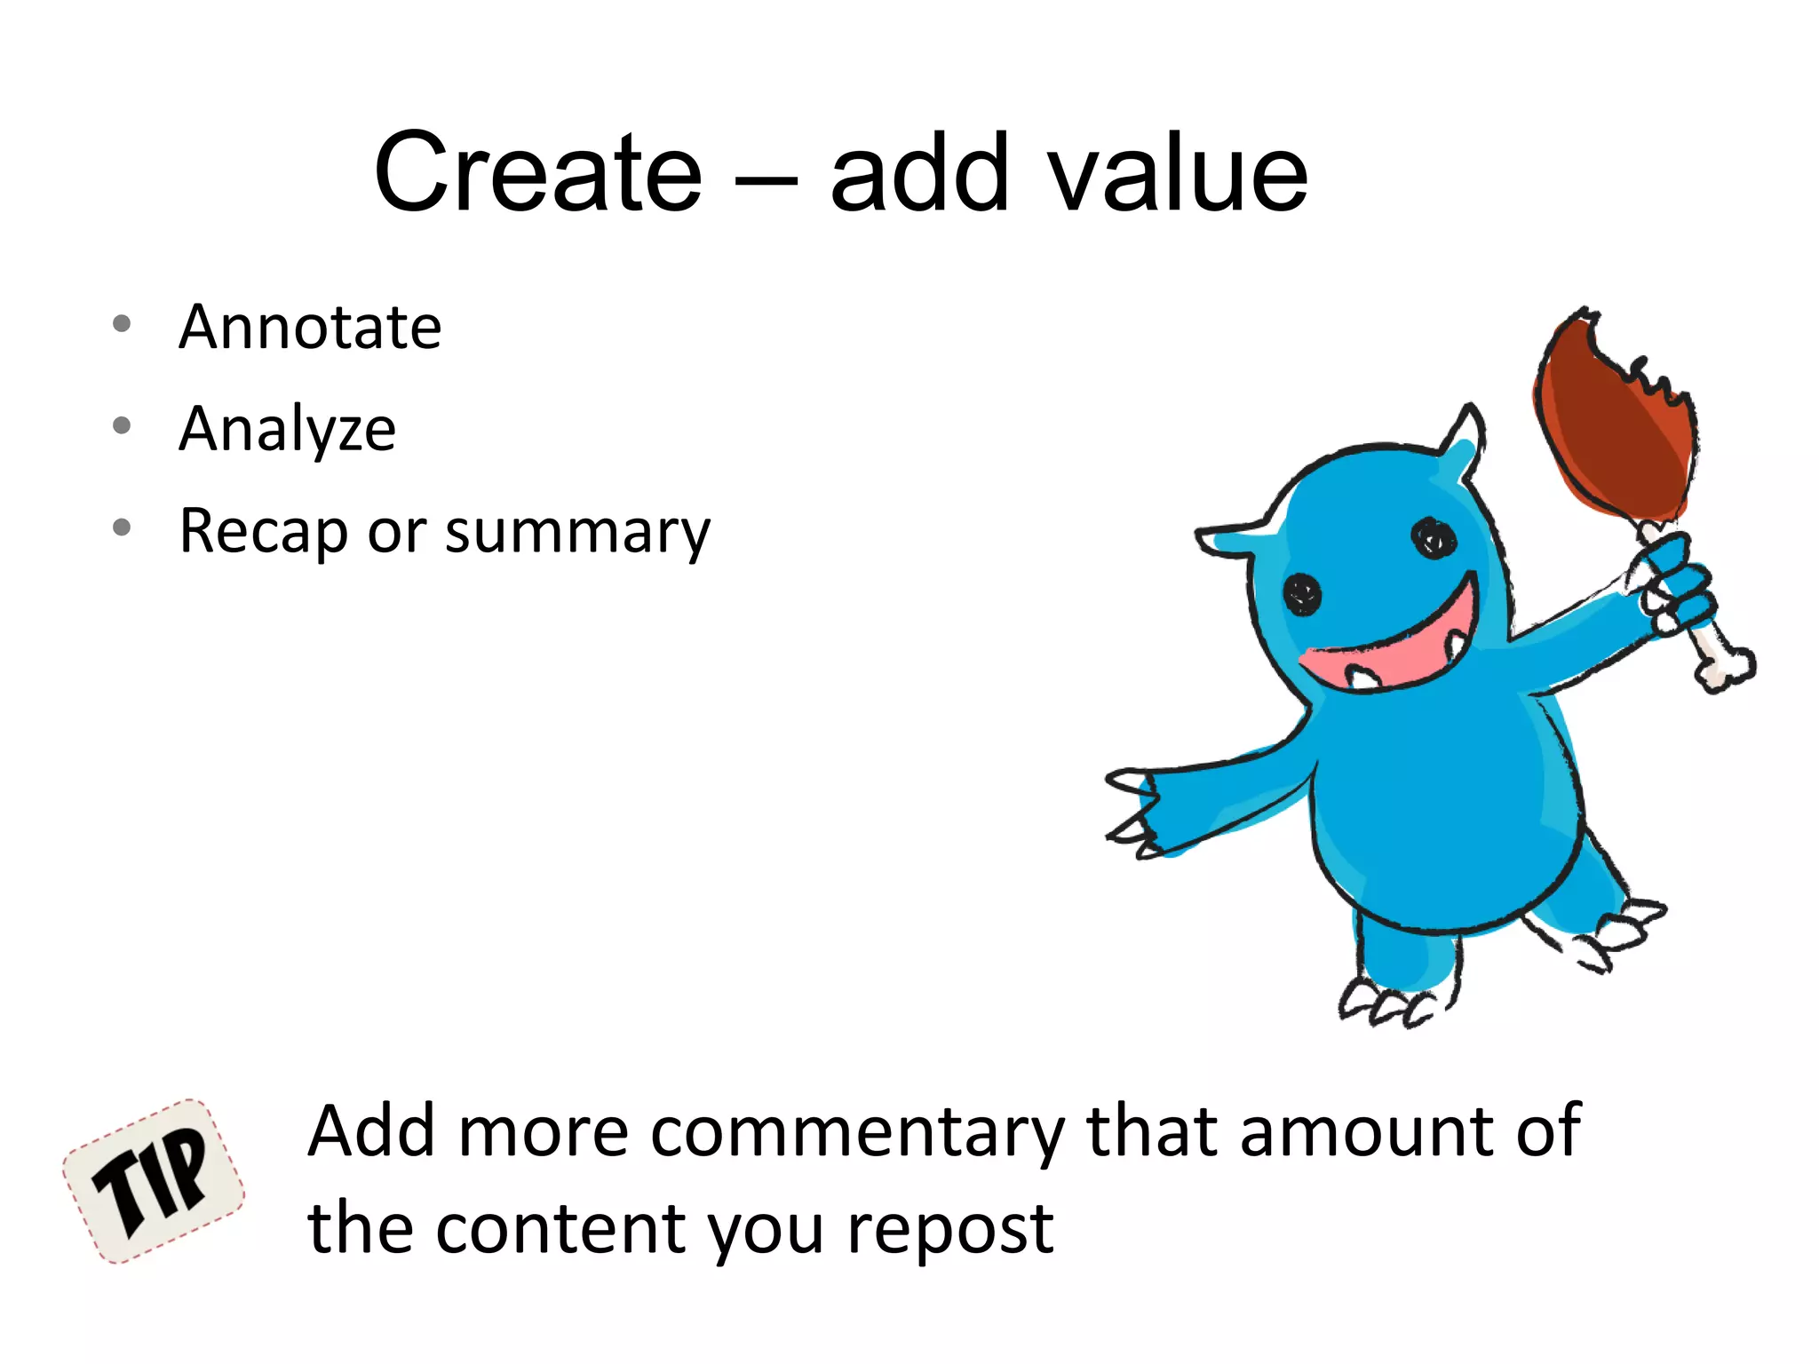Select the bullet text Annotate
tap(310, 327)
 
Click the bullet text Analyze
tap(287, 430)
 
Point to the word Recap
tap(264, 531)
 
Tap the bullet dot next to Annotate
tap(123, 324)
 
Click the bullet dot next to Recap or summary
tap(123, 528)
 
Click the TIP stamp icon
tap(154, 1181)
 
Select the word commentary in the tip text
tap(857, 1132)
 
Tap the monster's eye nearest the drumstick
tap(1433, 537)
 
